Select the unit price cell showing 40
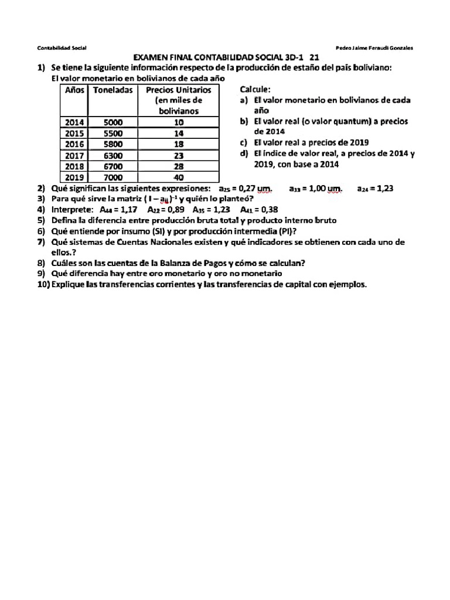179,177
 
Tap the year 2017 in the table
74,155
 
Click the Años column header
74,90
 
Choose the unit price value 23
179,155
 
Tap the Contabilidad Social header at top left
62,47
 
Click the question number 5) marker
41,220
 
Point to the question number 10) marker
43,284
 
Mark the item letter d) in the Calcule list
244,154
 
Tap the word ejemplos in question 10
348,284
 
